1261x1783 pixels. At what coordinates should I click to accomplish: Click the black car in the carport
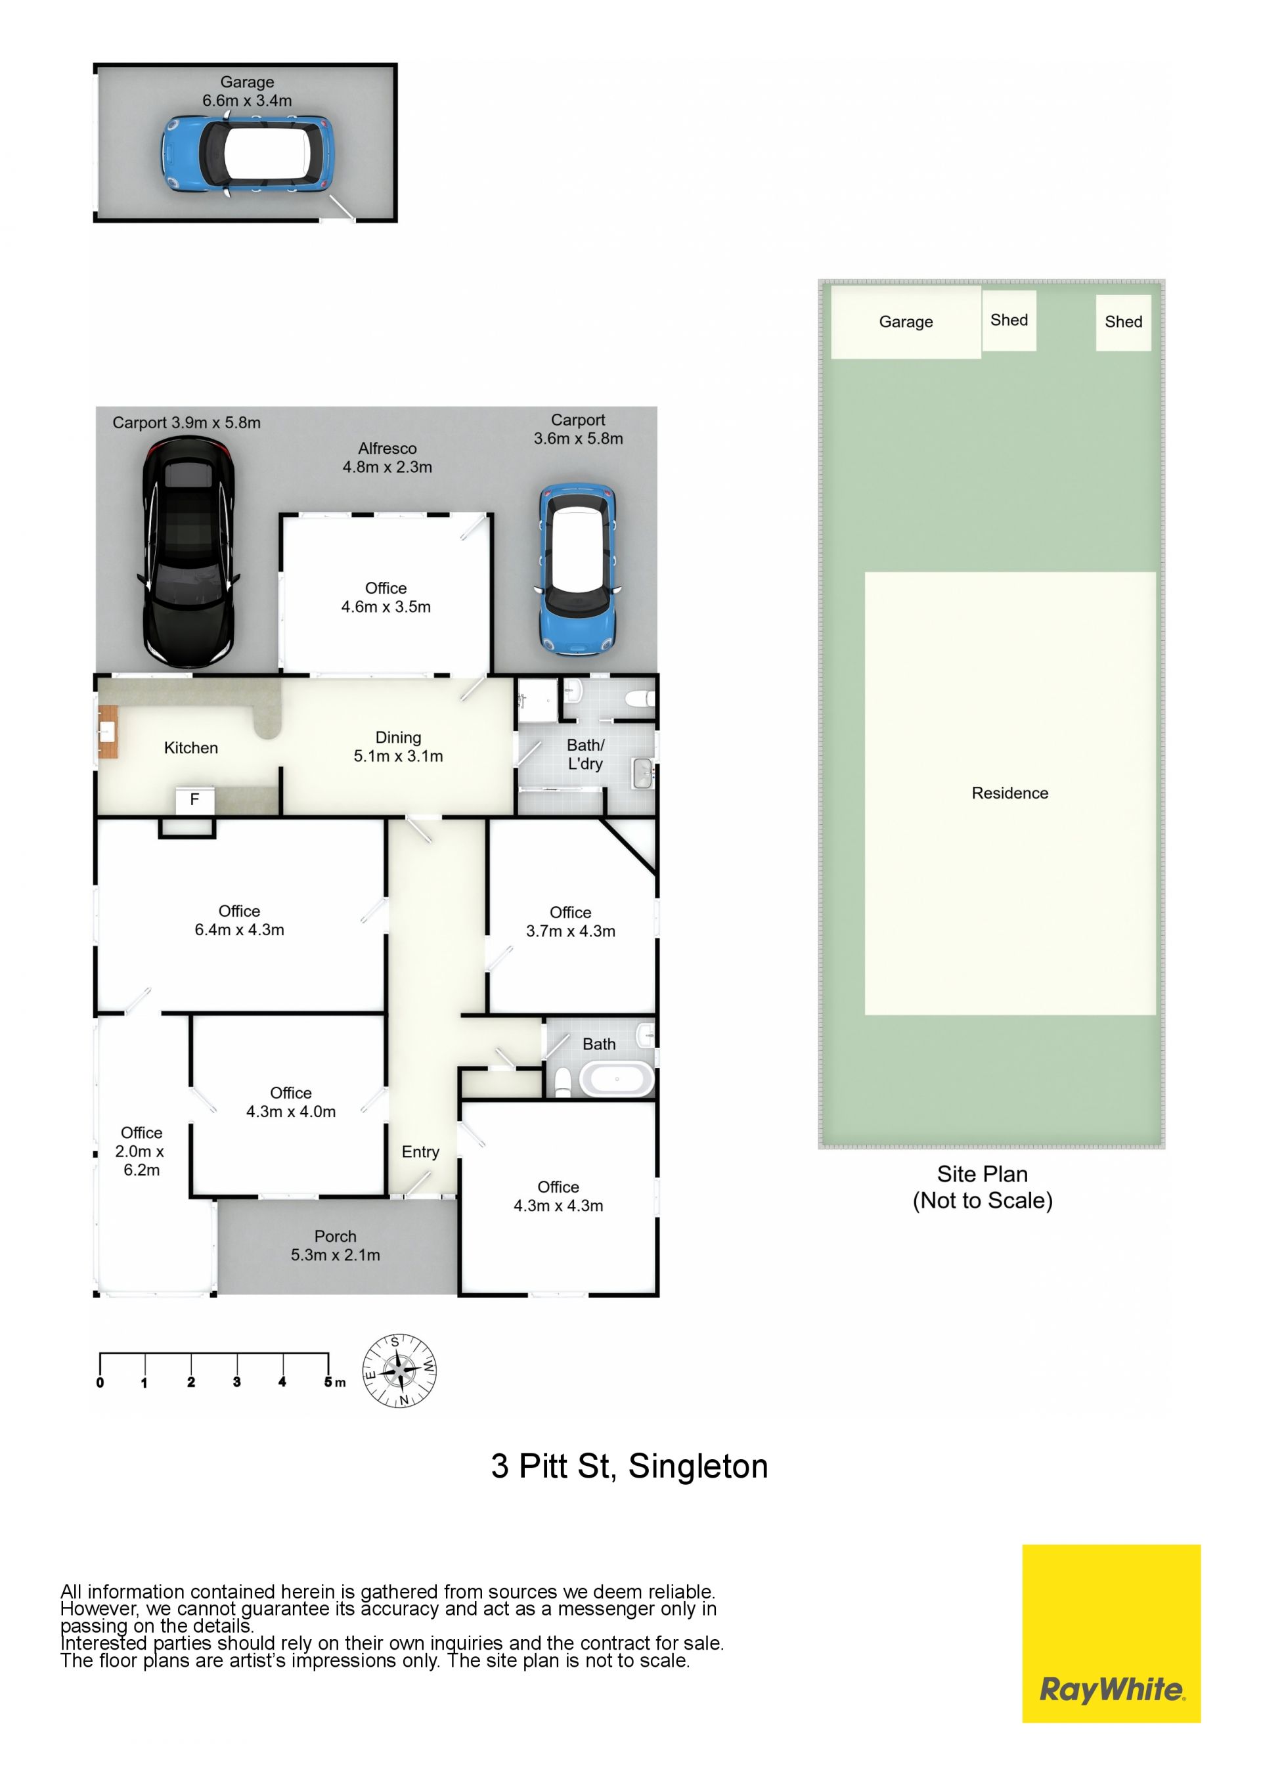188,552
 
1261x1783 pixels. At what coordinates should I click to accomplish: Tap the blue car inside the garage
248,154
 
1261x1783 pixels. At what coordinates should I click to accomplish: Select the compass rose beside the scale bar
399,1371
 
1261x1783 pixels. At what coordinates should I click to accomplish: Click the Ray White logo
1111,1634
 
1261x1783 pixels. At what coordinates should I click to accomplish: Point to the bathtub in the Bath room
617,1080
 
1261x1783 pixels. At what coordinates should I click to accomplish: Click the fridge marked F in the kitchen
195,800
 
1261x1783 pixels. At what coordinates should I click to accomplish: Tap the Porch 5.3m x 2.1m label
336,1246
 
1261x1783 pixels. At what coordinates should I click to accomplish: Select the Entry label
420,1152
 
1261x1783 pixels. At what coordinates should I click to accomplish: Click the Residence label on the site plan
1009,793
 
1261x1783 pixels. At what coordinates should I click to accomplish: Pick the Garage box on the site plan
906,322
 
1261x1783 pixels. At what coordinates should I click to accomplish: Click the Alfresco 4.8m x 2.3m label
387,457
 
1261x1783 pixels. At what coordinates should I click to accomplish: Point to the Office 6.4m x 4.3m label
239,920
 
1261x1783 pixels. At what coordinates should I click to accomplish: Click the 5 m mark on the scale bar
328,1382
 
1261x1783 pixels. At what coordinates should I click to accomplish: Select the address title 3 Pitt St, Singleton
629,1467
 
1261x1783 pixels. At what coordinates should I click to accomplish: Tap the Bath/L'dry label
585,754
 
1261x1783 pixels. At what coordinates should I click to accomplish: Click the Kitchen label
191,748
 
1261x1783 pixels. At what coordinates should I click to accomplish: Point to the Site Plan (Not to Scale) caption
983,1187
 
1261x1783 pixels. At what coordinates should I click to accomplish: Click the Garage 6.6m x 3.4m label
247,91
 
